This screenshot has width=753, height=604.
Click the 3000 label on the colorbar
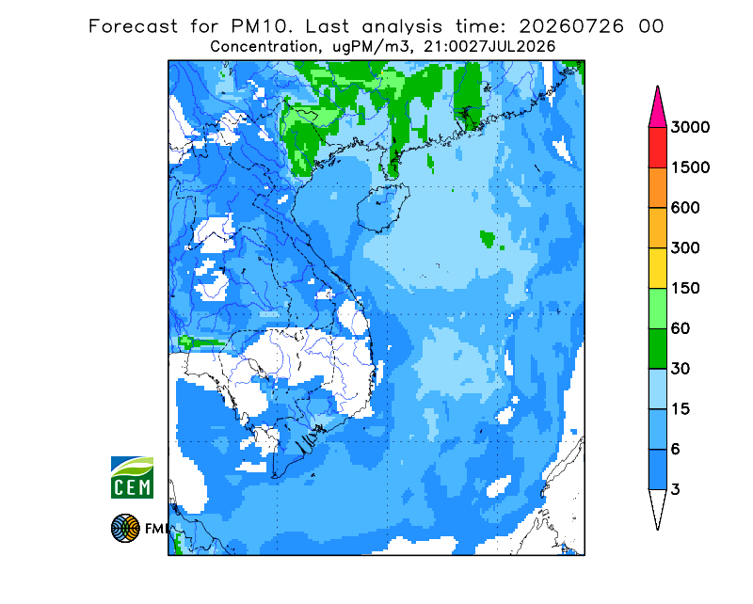[x=690, y=127]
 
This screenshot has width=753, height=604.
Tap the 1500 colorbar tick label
[x=690, y=167]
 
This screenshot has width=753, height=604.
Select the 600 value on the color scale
[x=685, y=208]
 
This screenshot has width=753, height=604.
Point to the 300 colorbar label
[x=685, y=248]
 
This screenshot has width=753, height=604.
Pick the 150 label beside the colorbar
[x=685, y=289]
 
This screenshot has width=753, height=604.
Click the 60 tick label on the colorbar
[x=681, y=329]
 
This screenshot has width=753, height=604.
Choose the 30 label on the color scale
[x=681, y=369]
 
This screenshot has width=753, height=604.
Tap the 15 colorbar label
[x=681, y=409]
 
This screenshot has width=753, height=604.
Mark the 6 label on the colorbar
[x=675, y=450]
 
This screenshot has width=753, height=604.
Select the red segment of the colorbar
[x=657, y=148]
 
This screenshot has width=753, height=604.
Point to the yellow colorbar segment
[x=657, y=268]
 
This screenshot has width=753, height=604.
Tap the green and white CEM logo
[x=132, y=477]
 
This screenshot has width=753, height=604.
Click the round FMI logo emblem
[x=125, y=528]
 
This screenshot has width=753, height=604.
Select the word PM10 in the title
[x=262, y=26]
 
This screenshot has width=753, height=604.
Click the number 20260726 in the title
[x=571, y=26]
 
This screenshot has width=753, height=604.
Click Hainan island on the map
[x=383, y=208]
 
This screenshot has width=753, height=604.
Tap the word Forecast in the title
[x=133, y=26]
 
